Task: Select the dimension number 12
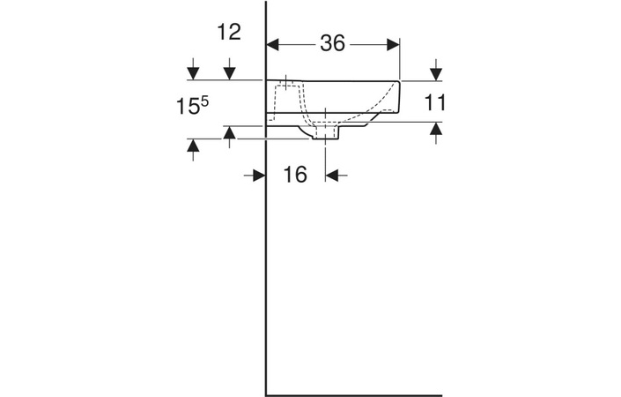click(228, 32)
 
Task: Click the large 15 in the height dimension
click(186, 107)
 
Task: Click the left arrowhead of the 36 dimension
click(273, 44)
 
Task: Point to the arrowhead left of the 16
click(258, 176)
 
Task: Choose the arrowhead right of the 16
click(333, 176)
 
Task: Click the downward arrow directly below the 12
click(229, 71)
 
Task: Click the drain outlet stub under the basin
click(326, 132)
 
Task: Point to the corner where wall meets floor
click(266, 395)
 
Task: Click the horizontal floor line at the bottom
click(352, 395)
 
